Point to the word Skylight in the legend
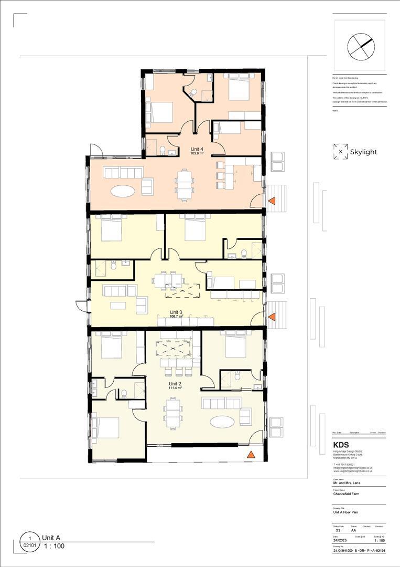click(364, 152)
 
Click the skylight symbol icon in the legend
click(340, 151)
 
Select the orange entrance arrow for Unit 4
click(273, 201)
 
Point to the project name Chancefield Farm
click(347, 494)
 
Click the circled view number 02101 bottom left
click(30, 546)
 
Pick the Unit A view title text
click(51, 538)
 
